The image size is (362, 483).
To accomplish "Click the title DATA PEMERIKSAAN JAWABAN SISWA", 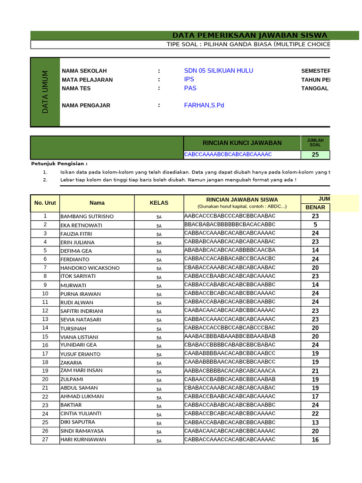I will click(249, 35).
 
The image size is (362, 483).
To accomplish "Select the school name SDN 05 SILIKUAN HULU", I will click(218, 71).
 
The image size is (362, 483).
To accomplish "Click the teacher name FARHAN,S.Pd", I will click(204, 105).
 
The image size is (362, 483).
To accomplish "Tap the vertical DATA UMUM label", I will click(45, 92).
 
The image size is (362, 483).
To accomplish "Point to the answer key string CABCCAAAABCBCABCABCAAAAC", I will click(228, 155).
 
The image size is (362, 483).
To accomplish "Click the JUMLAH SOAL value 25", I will click(315, 155).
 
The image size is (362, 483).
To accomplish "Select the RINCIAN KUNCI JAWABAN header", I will click(242, 143).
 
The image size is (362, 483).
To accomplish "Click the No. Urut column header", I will click(45, 203).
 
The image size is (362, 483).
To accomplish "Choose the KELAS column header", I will click(159, 203).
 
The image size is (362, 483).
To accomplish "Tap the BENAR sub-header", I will click(315, 208).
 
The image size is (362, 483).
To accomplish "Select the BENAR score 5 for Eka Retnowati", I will click(315, 225).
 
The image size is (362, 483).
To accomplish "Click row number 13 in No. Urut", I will click(45, 319).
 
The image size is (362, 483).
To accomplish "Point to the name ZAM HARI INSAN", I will click(81, 371).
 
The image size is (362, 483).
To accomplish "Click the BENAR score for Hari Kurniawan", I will click(315, 440).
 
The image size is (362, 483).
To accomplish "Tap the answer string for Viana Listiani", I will click(230, 337).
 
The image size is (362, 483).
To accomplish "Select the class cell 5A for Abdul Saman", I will click(159, 389).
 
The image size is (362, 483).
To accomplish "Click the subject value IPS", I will click(189, 80).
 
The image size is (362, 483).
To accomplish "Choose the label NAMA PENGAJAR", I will click(86, 106).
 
